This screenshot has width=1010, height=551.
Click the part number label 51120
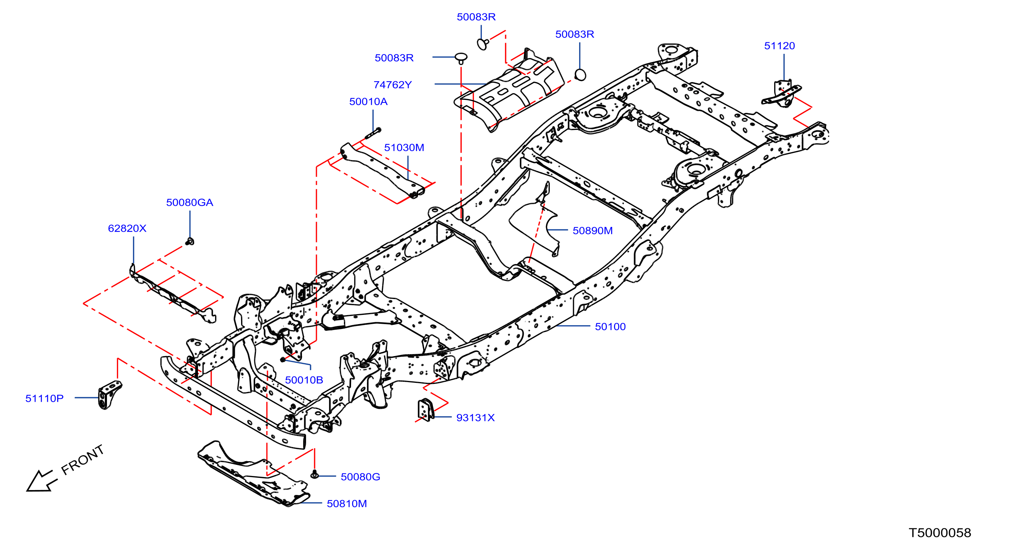tap(779, 46)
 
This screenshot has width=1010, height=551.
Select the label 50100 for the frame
tap(610, 326)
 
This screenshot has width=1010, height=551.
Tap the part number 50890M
tap(592, 231)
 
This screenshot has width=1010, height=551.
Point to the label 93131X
tap(475, 418)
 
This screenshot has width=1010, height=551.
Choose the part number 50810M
tap(347, 503)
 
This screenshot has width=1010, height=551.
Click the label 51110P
tap(44, 398)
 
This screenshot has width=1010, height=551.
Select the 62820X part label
tap(127, 228)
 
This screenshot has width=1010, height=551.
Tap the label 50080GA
tap(189, 203)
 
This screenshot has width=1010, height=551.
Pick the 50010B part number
tap(304, 380)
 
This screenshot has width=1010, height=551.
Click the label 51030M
tap(404, 148)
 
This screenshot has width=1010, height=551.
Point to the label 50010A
tap(368, 101)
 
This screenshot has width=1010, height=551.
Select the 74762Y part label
tap(393, 85)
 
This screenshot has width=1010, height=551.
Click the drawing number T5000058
tap(940, 532)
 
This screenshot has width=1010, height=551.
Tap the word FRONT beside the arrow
tap(82, 460)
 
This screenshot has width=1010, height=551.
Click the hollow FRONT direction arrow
tap(42, 480)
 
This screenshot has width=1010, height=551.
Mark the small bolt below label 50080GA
tap(190, 241)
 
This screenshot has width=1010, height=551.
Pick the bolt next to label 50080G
tap(314, 475)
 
